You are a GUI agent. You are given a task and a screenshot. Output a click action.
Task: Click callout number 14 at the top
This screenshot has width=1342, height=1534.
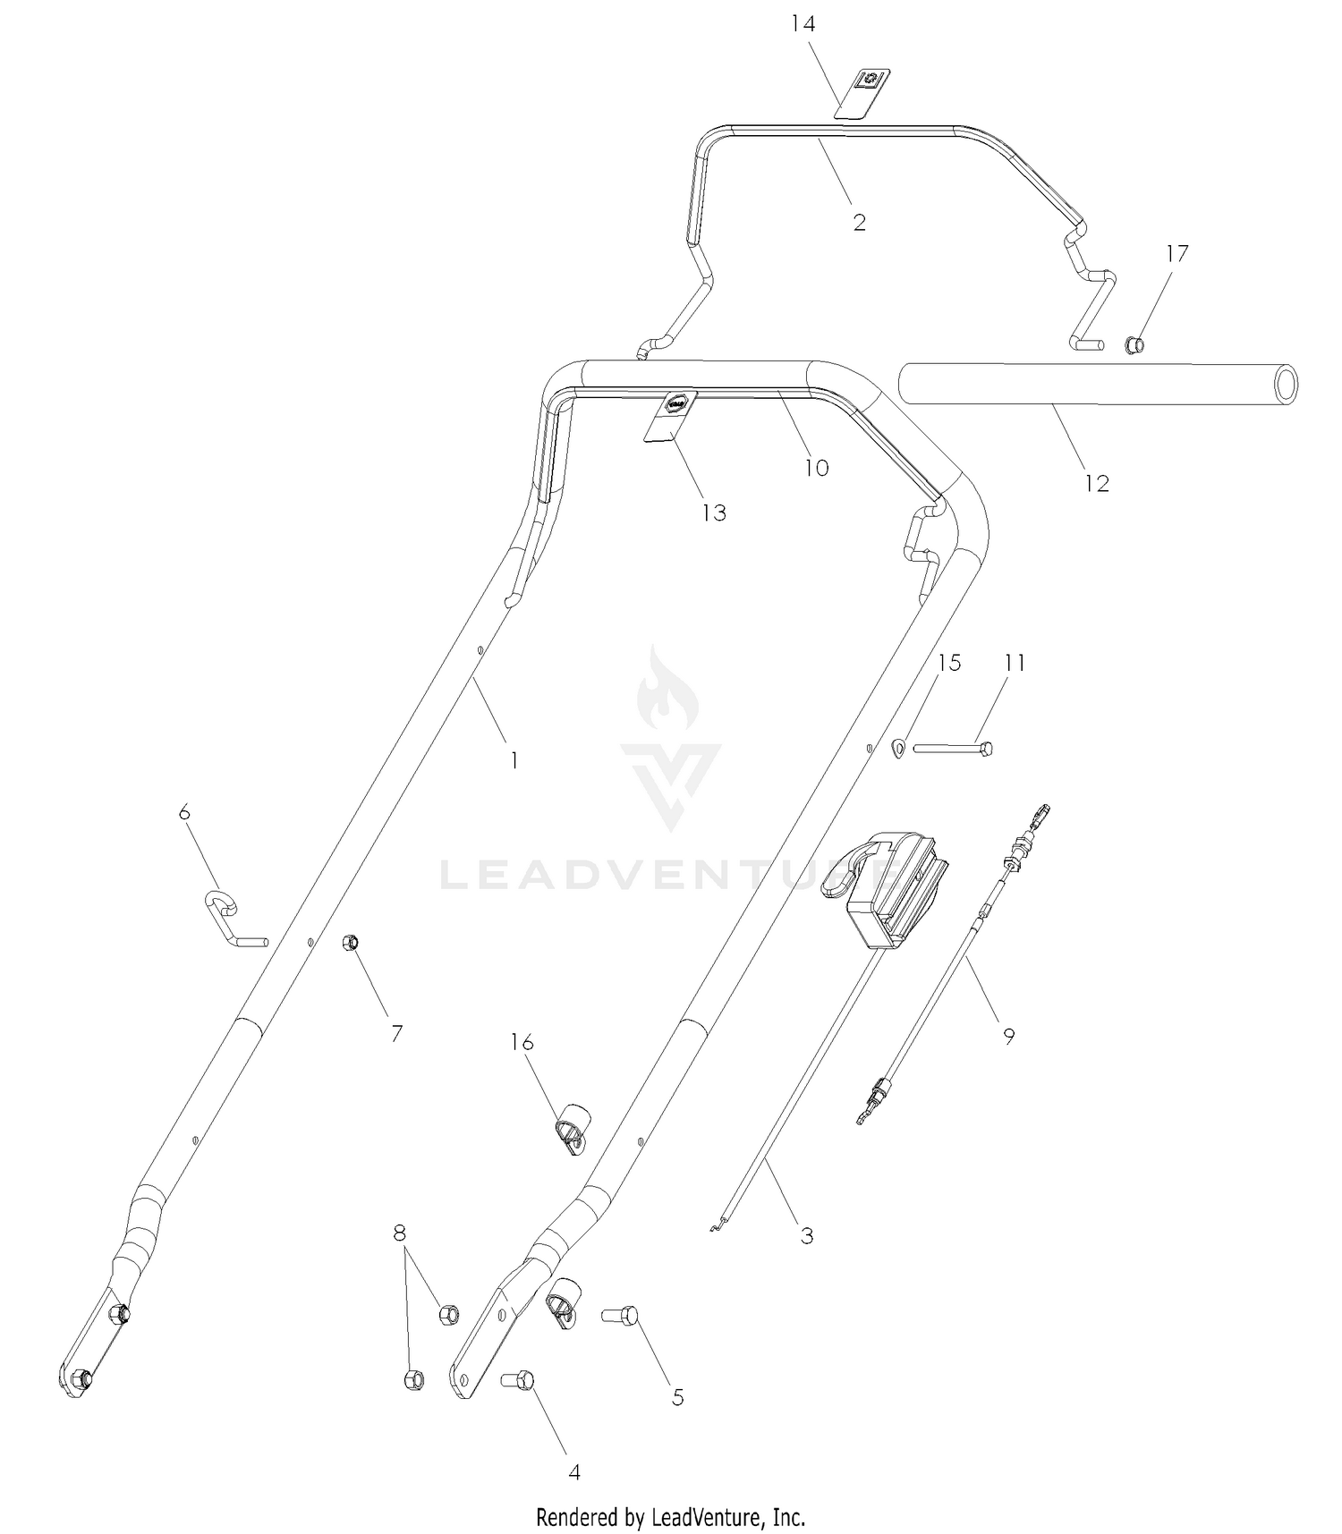pyautogui.click(x=803, y=23)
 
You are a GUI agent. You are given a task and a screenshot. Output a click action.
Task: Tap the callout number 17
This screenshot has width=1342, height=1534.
pyautogui.click(x=1176, y=253)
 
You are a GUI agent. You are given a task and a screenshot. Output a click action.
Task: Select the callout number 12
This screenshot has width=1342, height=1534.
pyautogui.click(x=1096, y=483)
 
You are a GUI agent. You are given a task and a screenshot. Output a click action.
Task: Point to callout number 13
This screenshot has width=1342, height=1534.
pyautogui.click(x=714, y=513)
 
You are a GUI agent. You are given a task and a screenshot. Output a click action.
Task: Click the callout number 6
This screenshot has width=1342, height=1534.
pyautogui.click(x=184, y=811)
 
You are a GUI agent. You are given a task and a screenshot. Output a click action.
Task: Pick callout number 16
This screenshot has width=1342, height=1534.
pyautogui.click(x=522, y=1042)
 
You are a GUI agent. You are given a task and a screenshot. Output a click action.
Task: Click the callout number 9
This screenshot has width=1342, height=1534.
pyautogui.click(x=1008, y=1036)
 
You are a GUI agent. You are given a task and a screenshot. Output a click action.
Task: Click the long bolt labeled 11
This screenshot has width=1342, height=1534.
pyautogui.click(x=953, y=748)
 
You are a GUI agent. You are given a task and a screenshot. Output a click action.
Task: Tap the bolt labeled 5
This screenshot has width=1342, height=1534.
pyautogui.click(x=619, y=1315)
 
